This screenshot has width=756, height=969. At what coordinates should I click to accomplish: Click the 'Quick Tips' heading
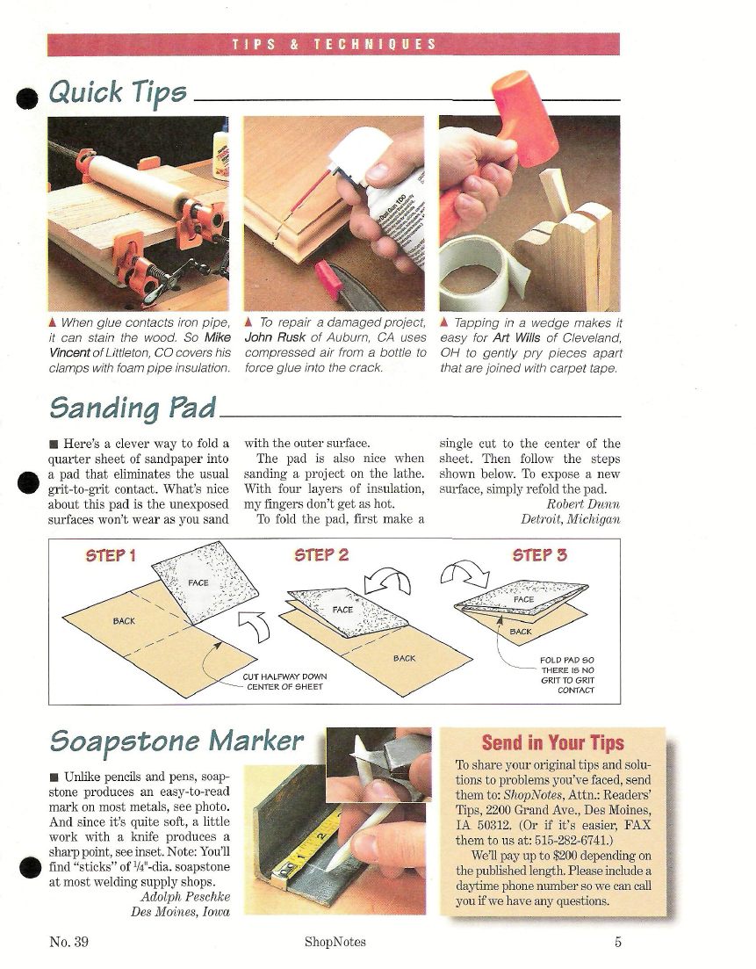(x=118, y=93)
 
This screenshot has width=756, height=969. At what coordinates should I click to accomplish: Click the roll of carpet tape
(x=484, y=274)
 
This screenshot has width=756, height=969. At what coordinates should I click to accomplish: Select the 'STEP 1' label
(x=111, y=555)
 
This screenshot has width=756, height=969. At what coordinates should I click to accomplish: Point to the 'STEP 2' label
(x=321, y=555)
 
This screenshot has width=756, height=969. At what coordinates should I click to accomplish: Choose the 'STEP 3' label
(x=539, y=555)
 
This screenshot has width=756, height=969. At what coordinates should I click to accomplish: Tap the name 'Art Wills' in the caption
(x=516, y=338)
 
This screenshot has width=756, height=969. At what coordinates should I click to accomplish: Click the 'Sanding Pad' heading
(x=133, y=408)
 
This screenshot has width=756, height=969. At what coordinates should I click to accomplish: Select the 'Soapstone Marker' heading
(x=176, y=741)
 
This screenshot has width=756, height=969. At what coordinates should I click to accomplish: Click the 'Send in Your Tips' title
(x=553, y=742)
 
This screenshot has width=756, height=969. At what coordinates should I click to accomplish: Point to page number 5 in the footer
(x=617, y=942)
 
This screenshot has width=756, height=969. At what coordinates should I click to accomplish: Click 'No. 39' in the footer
(x=68, y=942)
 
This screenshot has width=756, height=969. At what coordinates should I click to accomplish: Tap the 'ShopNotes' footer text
(x=335, y=942)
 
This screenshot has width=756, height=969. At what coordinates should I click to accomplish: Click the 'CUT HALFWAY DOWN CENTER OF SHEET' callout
(x=284, y=682)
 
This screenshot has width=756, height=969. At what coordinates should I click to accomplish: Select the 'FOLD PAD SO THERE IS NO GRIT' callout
(x=567, y=675)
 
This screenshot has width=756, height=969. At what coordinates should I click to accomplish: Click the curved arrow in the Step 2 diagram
(x=388, y=581)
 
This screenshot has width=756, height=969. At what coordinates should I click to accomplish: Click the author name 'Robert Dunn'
(x=583, y=503)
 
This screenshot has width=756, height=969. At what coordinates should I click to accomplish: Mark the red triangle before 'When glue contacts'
(x=53, y=322)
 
